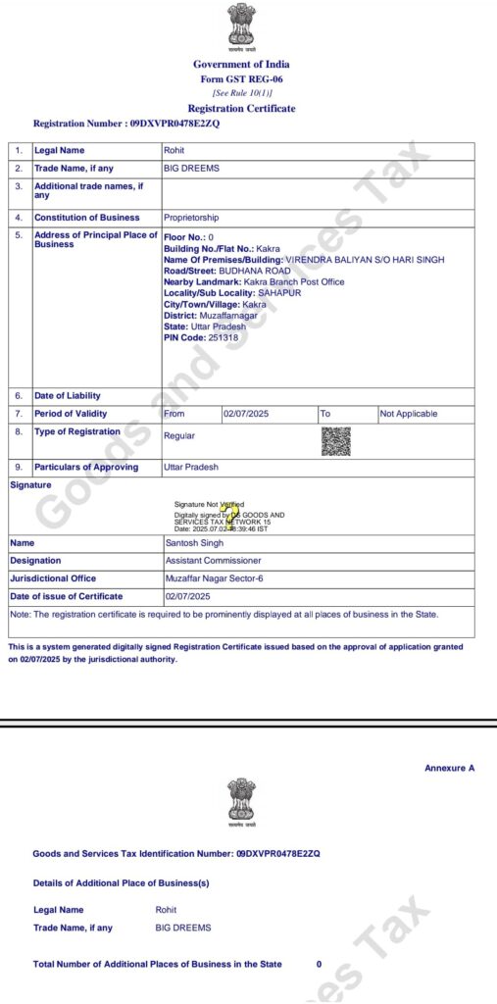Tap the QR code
coord(335,442)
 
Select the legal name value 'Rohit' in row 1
coord(174,150)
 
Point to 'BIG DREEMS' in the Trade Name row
coord(191,168)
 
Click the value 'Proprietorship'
coord(191,218)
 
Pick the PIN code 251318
coord(224,337)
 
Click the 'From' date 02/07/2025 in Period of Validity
coord(246,414)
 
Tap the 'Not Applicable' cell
coord(408,414)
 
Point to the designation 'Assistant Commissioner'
coord(213,560)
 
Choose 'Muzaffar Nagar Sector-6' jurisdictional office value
coord(214,578)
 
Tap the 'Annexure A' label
coord(449,768)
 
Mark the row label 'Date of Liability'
coord(68,395)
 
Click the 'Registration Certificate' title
coord(241,109)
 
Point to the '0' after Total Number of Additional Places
coord(319,965)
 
